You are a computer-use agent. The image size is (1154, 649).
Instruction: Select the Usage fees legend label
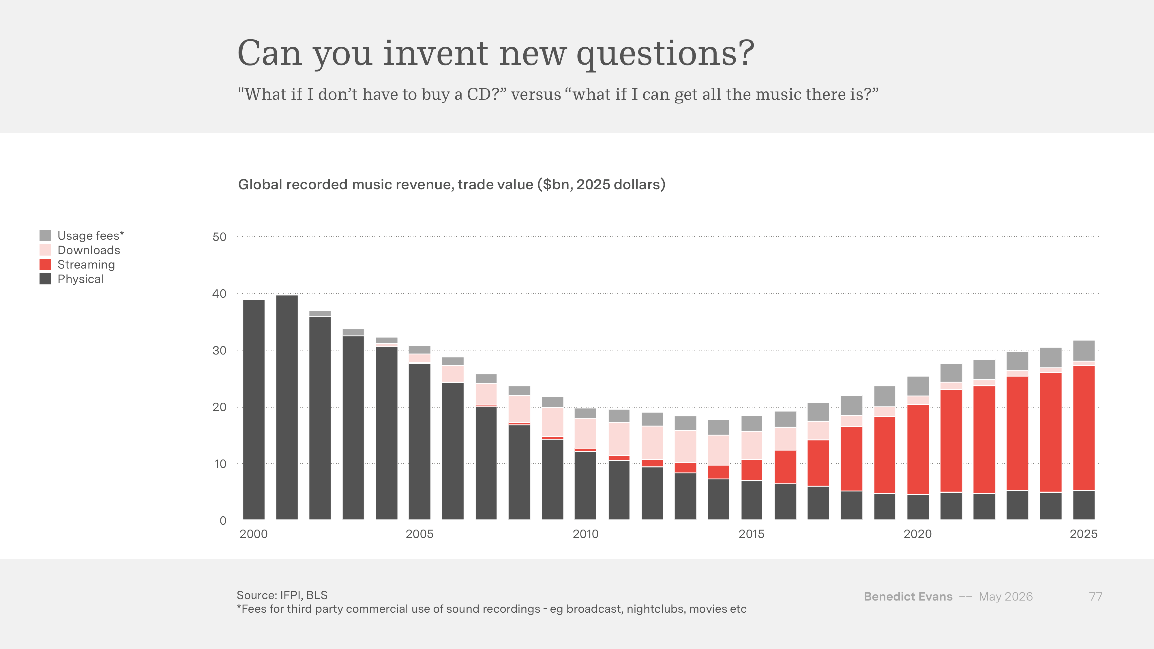(91, 236)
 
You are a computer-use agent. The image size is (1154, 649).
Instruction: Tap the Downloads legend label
(89, 250)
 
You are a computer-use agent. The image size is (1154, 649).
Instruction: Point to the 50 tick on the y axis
(220, 237)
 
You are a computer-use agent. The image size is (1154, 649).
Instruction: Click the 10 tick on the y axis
(220, 464)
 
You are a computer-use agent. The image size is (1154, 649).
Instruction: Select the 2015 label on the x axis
(751, 534)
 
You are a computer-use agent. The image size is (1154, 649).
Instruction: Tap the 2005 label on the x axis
(419, 534)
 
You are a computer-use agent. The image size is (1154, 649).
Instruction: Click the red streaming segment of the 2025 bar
(1084, 428)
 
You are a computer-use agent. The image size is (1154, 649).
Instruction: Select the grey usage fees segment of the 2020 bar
(918, 386)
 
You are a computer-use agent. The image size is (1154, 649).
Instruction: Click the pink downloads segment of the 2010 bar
(586, 433)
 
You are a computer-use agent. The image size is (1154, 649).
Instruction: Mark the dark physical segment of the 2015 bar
(752, 500)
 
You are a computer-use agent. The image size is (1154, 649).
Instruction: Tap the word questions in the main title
(665, 54)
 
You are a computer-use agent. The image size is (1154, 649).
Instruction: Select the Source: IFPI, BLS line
(282, 595)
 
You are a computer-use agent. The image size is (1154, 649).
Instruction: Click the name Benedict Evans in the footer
(908, 597)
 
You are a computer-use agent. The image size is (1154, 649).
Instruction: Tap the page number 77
(1095, 597)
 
